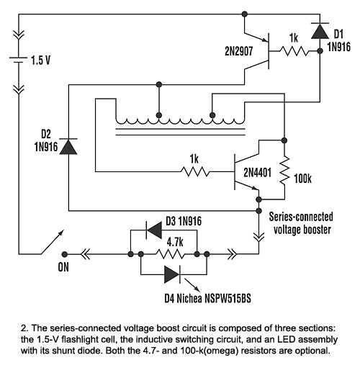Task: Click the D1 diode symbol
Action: click(x=319, y=31)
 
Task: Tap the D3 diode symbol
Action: click(x=153, y=231)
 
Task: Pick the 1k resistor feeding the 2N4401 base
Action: click(x=196, y=171)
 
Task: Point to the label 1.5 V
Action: click(x=41, y=60)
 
